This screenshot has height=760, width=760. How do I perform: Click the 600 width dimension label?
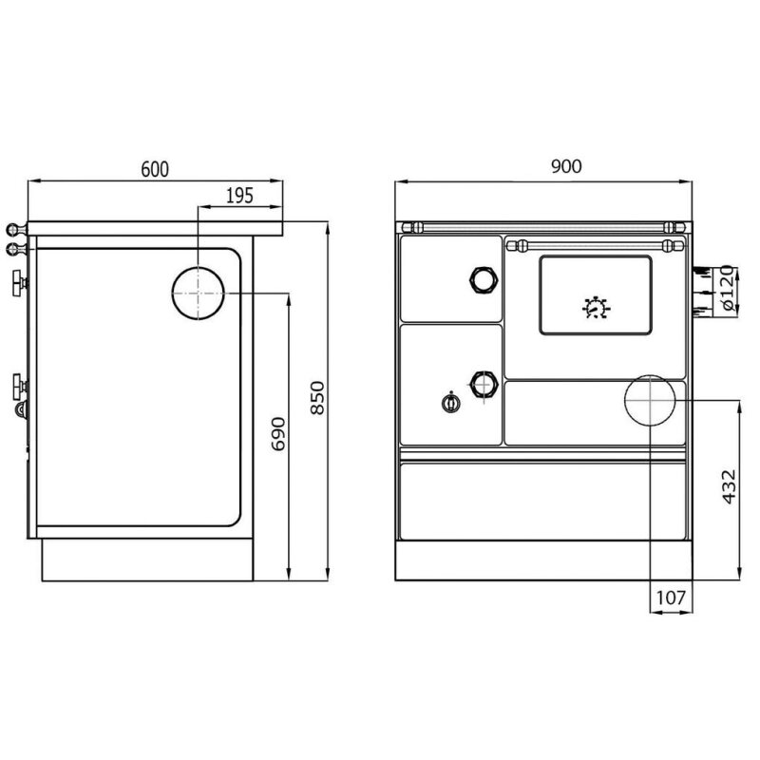tap(155, 169)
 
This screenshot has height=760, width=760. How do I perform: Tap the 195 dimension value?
tap(240, 196)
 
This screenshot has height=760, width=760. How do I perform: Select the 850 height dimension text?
tap(317, 397)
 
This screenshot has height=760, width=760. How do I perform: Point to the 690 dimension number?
tap(278, 433)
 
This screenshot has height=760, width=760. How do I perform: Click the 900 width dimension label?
tap(566, 166)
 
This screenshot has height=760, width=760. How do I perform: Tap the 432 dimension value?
tap(729, 486)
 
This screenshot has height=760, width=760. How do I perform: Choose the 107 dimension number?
tap(671, 598)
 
